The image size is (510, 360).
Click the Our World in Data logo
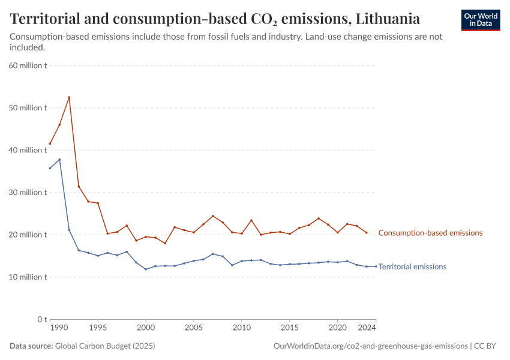(x=480, y=20)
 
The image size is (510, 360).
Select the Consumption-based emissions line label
(x=430, y=233)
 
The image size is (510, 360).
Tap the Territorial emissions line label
(x=412, y=267)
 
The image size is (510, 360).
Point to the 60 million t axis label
(x=28, y=65)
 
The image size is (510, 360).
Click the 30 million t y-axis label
(x=28, y=193)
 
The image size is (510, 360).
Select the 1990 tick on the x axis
(x=59, y=328)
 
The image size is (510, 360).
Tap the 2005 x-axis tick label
(x=193, y=328)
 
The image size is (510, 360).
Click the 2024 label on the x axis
(x=367, y=328)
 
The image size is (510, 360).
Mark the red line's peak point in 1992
(x=69, y=97)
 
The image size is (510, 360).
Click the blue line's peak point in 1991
(x=59, y=159)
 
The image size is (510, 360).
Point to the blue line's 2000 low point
(x=146, y=269)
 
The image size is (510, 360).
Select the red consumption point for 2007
(x=213, y=216)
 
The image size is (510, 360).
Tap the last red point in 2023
(x=367, y=233)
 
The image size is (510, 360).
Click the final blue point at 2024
(x=376, y=266)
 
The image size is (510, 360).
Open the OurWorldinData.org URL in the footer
(x=370, y=346)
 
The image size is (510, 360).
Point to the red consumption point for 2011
(x=251, y=220)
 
